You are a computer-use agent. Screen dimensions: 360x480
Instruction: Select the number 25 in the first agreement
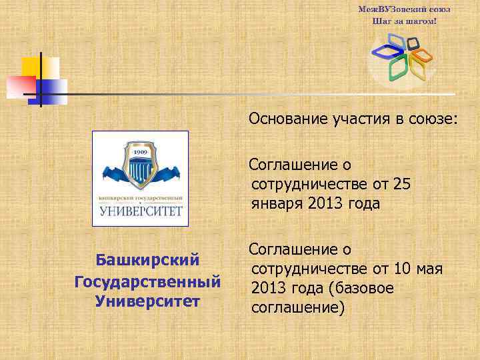[x=402, y=183]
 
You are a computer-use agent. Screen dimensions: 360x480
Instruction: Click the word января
[x=278, y=203]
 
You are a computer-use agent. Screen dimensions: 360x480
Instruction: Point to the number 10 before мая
[x=402, y=269]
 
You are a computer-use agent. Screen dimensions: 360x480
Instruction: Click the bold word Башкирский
[x=148, y=258]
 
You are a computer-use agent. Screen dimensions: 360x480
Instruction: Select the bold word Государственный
[x=148, y=281]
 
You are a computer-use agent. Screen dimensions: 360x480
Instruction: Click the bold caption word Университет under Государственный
[x=148, y=301]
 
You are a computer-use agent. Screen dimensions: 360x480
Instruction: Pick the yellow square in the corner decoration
[x=31, y=67]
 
